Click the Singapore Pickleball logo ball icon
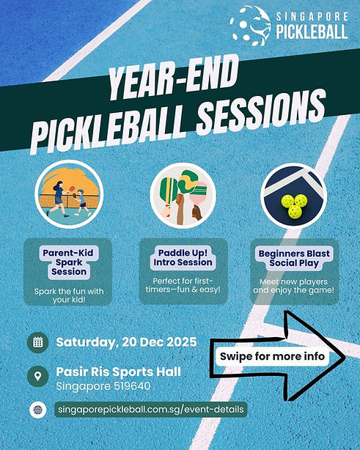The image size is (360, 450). coord(250,26)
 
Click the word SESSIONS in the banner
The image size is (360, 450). coord(262,113)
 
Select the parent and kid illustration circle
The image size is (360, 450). coord(69,194)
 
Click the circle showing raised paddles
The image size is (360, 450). coord(183,196)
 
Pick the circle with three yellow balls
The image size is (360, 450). coord(294,196)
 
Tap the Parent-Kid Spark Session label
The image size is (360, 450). coord(68,262)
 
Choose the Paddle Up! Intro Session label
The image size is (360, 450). coord(183,257)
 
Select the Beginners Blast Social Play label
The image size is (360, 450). coord(294,258)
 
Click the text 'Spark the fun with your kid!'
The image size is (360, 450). coord(69,295)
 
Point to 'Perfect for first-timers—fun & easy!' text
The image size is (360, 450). coord(183,285)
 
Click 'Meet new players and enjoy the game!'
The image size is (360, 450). coord(294,286)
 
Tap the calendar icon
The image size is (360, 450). coord(38,342)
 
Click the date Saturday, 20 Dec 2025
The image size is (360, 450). coord(127,342)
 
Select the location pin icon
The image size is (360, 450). coord(38,376)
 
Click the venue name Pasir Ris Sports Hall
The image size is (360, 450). coord(119,372)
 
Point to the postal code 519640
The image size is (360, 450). coord(133,386)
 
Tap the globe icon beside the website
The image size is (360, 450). coord(38,410)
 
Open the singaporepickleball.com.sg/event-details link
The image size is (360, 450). coord(151,409)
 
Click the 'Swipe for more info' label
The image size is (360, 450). coord(273,356)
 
